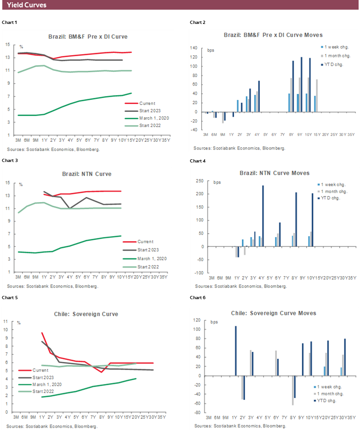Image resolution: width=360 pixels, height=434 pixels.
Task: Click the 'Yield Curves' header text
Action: click(26, 5)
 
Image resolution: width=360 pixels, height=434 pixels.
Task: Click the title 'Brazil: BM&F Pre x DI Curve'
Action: click(88, 36)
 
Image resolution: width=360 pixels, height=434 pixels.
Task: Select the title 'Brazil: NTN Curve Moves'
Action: click(274, 173)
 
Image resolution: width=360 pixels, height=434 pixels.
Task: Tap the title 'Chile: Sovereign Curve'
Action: click(86, 314)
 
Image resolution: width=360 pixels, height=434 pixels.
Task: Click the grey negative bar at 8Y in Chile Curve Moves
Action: click(292, 390)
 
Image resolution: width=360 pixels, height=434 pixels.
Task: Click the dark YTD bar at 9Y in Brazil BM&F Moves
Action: click(301, 85)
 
